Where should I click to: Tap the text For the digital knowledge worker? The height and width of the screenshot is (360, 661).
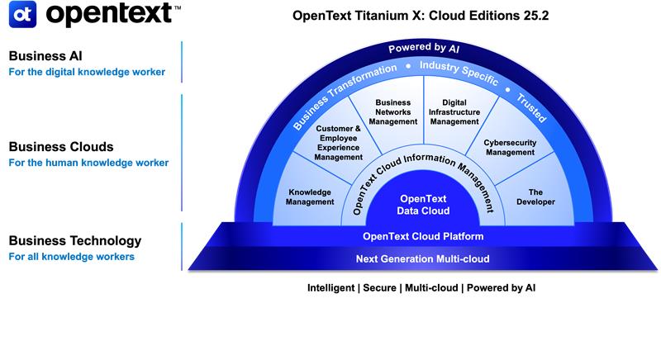click(86, 72)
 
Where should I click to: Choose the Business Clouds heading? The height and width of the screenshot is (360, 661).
click(60, 147)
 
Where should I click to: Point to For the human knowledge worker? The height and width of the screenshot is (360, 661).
click(88, 163)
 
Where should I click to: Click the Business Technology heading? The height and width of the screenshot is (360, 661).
click(74, 241)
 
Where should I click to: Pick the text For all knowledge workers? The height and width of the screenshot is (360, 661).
click(71, 257)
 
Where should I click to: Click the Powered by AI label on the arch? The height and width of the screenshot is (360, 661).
click(424, 49)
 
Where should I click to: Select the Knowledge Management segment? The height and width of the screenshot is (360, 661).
click(310, 197)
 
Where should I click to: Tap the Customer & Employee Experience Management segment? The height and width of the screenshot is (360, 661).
click(339, 143)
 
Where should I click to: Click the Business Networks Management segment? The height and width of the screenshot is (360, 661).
click(388, 111)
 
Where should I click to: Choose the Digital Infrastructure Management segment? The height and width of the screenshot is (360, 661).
click(454, 111)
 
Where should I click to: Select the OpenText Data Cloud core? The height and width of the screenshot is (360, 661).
click(424, 205)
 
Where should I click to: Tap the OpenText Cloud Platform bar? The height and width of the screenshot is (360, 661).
click(423, 237)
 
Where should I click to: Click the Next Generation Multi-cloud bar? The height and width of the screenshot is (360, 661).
click(423, 259)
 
